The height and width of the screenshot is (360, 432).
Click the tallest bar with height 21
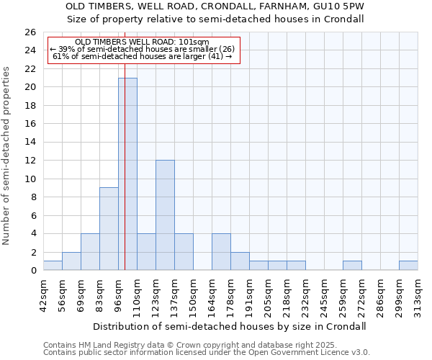coord(127,174)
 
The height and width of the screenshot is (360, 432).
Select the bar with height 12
coord(165,215)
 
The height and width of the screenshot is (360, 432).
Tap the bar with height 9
coord(109,229)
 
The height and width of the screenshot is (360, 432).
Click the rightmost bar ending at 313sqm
coord(408,266)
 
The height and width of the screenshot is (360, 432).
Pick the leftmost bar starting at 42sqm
coord(53,266)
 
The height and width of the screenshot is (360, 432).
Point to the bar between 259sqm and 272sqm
coord(352,266)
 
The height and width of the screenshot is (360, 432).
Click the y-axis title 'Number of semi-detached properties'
coord(7,156)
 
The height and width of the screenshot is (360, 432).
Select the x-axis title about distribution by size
coord(230,326)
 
